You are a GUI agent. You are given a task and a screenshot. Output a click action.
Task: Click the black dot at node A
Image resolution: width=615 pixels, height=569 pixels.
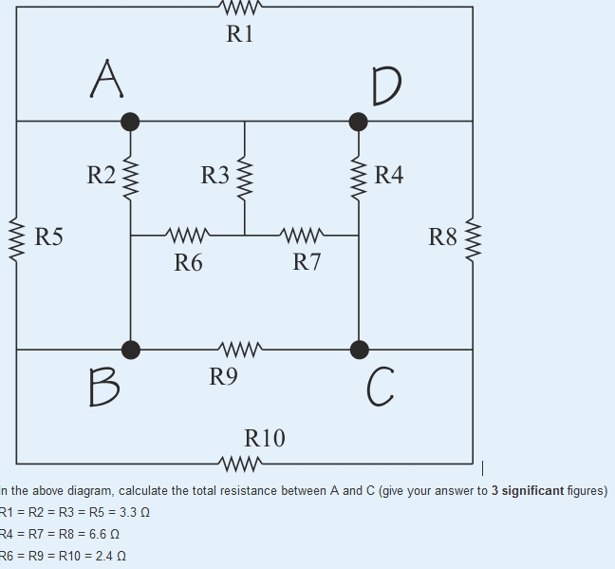tap(130, 121)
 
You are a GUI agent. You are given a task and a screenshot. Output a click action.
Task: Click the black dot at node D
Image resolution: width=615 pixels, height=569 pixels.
tap(358, 121)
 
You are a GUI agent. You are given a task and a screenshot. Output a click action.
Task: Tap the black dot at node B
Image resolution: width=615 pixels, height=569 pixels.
tap(130, 349)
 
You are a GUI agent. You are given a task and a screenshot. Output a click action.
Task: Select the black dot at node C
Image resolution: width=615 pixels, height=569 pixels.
tap(358, 349)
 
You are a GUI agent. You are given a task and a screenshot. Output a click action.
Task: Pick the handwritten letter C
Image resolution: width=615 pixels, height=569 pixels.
tap(378, 386)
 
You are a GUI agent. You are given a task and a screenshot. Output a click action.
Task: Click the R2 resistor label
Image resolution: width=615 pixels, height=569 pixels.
tap(101, 175)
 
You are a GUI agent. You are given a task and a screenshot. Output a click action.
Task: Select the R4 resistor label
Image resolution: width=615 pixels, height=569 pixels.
tap(389, 175)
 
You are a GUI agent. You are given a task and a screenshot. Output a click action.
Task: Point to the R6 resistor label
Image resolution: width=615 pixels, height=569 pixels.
tap(188, 262)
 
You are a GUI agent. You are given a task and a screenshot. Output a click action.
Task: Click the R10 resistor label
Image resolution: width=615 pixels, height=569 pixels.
tap(265, 438)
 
